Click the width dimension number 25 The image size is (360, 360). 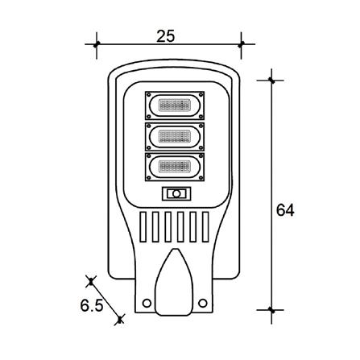pos(166,36)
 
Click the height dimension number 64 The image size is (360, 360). pos(284,210)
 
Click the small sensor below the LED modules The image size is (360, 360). pos(176,194)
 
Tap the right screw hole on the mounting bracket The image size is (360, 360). pos(202,303)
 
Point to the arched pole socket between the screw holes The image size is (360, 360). pos(174,282)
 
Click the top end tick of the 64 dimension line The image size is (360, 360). pos(272,80)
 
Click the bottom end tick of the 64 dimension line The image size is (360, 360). pos(272,308)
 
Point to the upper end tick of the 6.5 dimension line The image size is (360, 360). pos(90,281)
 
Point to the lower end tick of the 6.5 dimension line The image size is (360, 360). pos(119,320)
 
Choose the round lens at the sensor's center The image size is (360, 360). pos(176,194)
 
